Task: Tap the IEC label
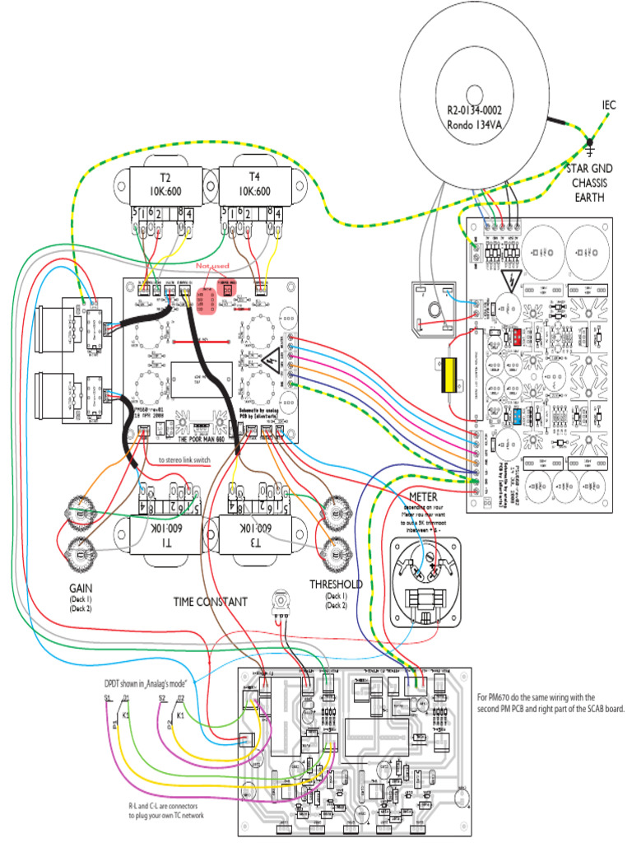(x=608, y=105)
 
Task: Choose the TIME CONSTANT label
(x=210, y=602)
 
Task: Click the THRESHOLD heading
(x=336, y=585)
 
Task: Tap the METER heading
(x=423, y=496)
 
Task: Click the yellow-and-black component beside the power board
(x=450, y=375)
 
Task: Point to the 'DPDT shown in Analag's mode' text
(x=151, y=683)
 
